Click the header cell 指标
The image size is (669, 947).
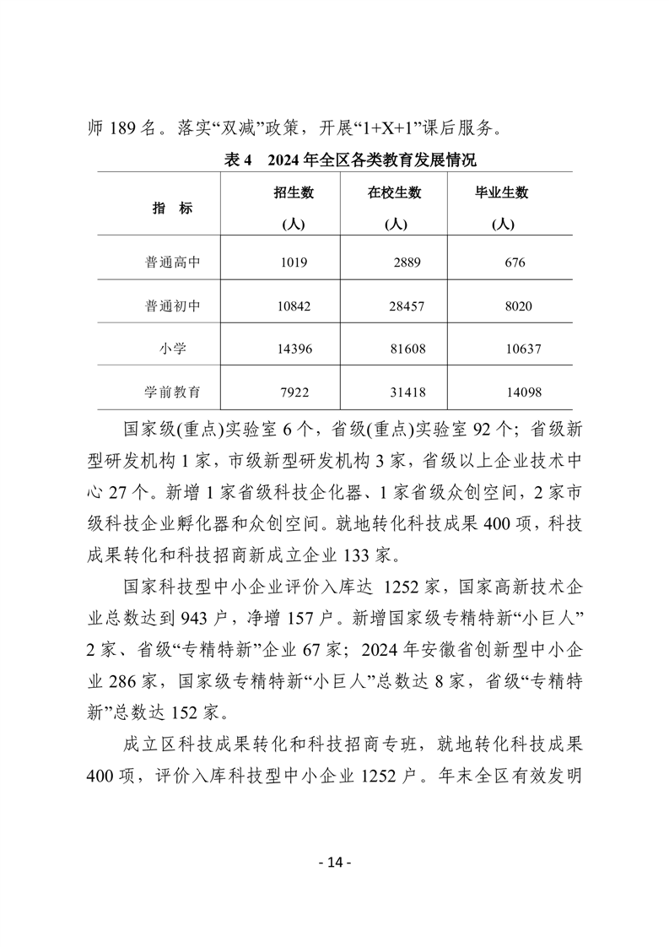(172, 208)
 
